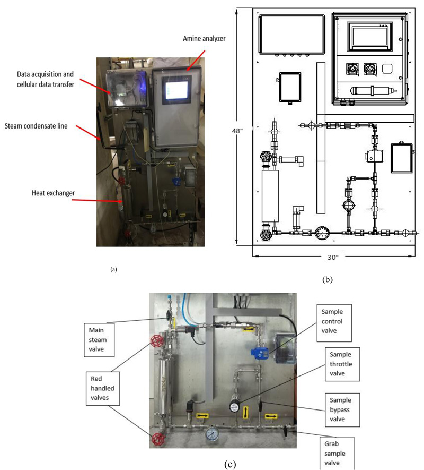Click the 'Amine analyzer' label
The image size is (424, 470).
tap(204, 39)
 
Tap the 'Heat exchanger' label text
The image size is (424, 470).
tap(53, 193)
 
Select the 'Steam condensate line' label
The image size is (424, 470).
tap(36, 126)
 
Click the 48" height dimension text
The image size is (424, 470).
tap(237, 131)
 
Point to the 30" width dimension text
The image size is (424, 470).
tap(332, 257)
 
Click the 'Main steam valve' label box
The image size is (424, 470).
tap(99, 339)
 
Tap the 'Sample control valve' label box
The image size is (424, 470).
tap(334, 323)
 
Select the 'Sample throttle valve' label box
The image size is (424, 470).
tap(342, 364)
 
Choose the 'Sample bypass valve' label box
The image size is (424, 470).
tap(342, 410)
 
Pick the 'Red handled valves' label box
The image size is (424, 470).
tap(103, 388)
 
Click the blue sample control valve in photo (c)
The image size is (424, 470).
tap(259, 353)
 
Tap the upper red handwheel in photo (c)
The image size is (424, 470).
tap(157, 341)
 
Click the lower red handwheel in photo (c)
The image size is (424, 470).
tap(158, 439)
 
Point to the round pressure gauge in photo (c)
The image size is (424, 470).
tap(212, 434)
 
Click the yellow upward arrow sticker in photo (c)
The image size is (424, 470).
tap(246, 412)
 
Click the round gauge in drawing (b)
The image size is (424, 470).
tap(322, 233)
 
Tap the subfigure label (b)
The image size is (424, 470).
tap(328, 279)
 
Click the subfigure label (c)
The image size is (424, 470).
tap(230, 464)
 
